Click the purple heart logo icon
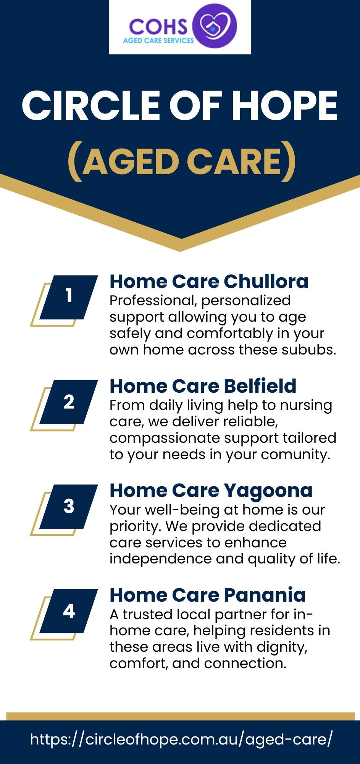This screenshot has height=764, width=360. (215, 26)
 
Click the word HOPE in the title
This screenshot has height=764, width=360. (285, 106)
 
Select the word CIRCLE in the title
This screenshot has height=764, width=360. (90, 106)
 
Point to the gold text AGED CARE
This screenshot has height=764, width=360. (182, 162)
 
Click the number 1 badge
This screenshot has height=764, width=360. (69, 296)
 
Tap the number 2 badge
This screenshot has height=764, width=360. (69, 401)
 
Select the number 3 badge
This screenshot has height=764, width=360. (69, 506)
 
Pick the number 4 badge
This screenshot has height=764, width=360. (69, 611)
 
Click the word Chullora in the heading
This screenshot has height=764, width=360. (266, 282)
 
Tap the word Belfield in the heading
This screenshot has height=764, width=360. (260, 386)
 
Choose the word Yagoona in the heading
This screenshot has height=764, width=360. (268, 491)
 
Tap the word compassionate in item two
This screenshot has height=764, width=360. (161, 438)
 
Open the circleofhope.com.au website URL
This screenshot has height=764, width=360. (181, 739)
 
